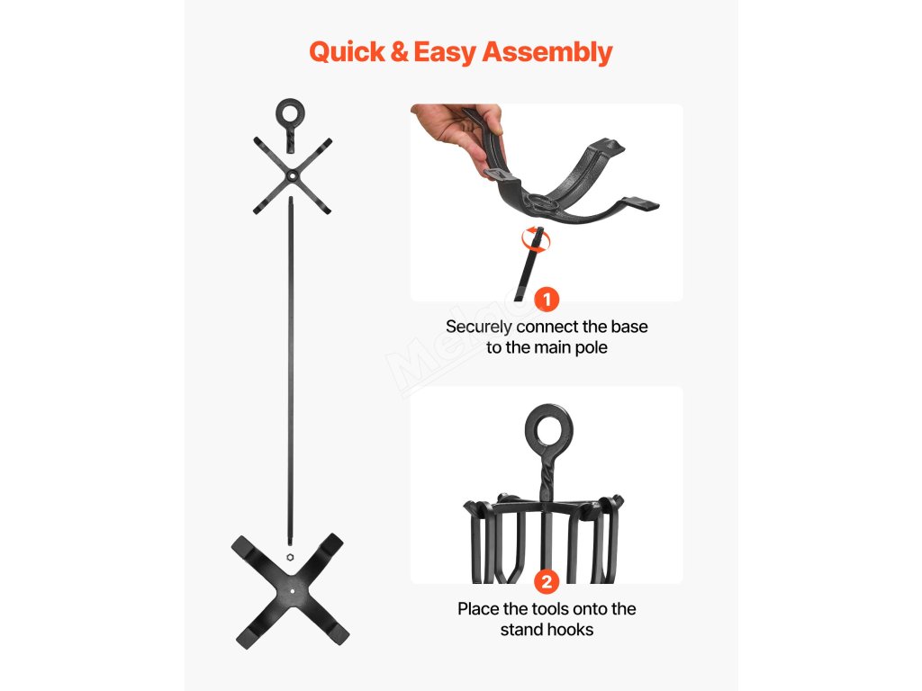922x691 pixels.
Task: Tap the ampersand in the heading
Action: pos(399,51)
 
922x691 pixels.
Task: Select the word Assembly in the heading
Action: pos(547,52)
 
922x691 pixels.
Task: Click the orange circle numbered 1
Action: pos(547,300)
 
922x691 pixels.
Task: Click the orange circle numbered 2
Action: pos(547,582)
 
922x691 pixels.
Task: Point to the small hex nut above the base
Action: pos(290,557)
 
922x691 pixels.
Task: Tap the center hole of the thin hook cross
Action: pos(293,175)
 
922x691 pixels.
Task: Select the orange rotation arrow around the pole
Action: pos(537,238)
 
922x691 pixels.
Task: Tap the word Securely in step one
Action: pos(479,328)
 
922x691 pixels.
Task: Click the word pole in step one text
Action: pos(592,348)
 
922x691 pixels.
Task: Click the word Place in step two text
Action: pos(478,609)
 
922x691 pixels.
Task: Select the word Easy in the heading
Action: pos(445,53)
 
